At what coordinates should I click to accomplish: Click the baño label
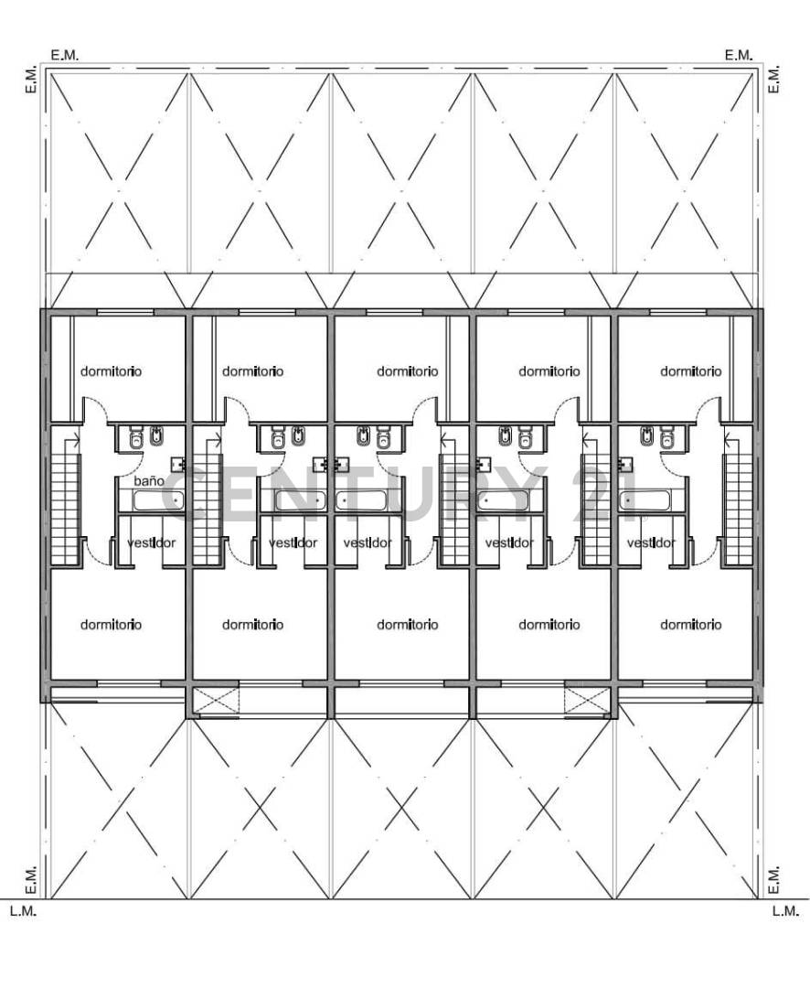(150, 480)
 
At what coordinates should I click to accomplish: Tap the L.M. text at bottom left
(23, 911)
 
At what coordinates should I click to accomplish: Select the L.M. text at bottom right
(785, 911)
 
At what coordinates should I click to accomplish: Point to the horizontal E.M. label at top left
(65, 55)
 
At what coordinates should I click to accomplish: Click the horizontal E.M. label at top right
(739, 55)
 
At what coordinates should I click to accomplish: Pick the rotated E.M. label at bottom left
(29, 879)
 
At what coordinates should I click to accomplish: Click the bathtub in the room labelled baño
(159, 500)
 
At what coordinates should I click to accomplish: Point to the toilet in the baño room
(137, 437)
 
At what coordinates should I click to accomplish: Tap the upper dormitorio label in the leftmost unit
(112, 371)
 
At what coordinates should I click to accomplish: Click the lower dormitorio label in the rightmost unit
(690, 625)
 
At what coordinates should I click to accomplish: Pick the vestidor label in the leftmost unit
(152, 542)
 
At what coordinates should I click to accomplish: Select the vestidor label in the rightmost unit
(651, 542)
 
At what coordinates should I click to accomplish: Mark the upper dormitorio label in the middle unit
(407, 371)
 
